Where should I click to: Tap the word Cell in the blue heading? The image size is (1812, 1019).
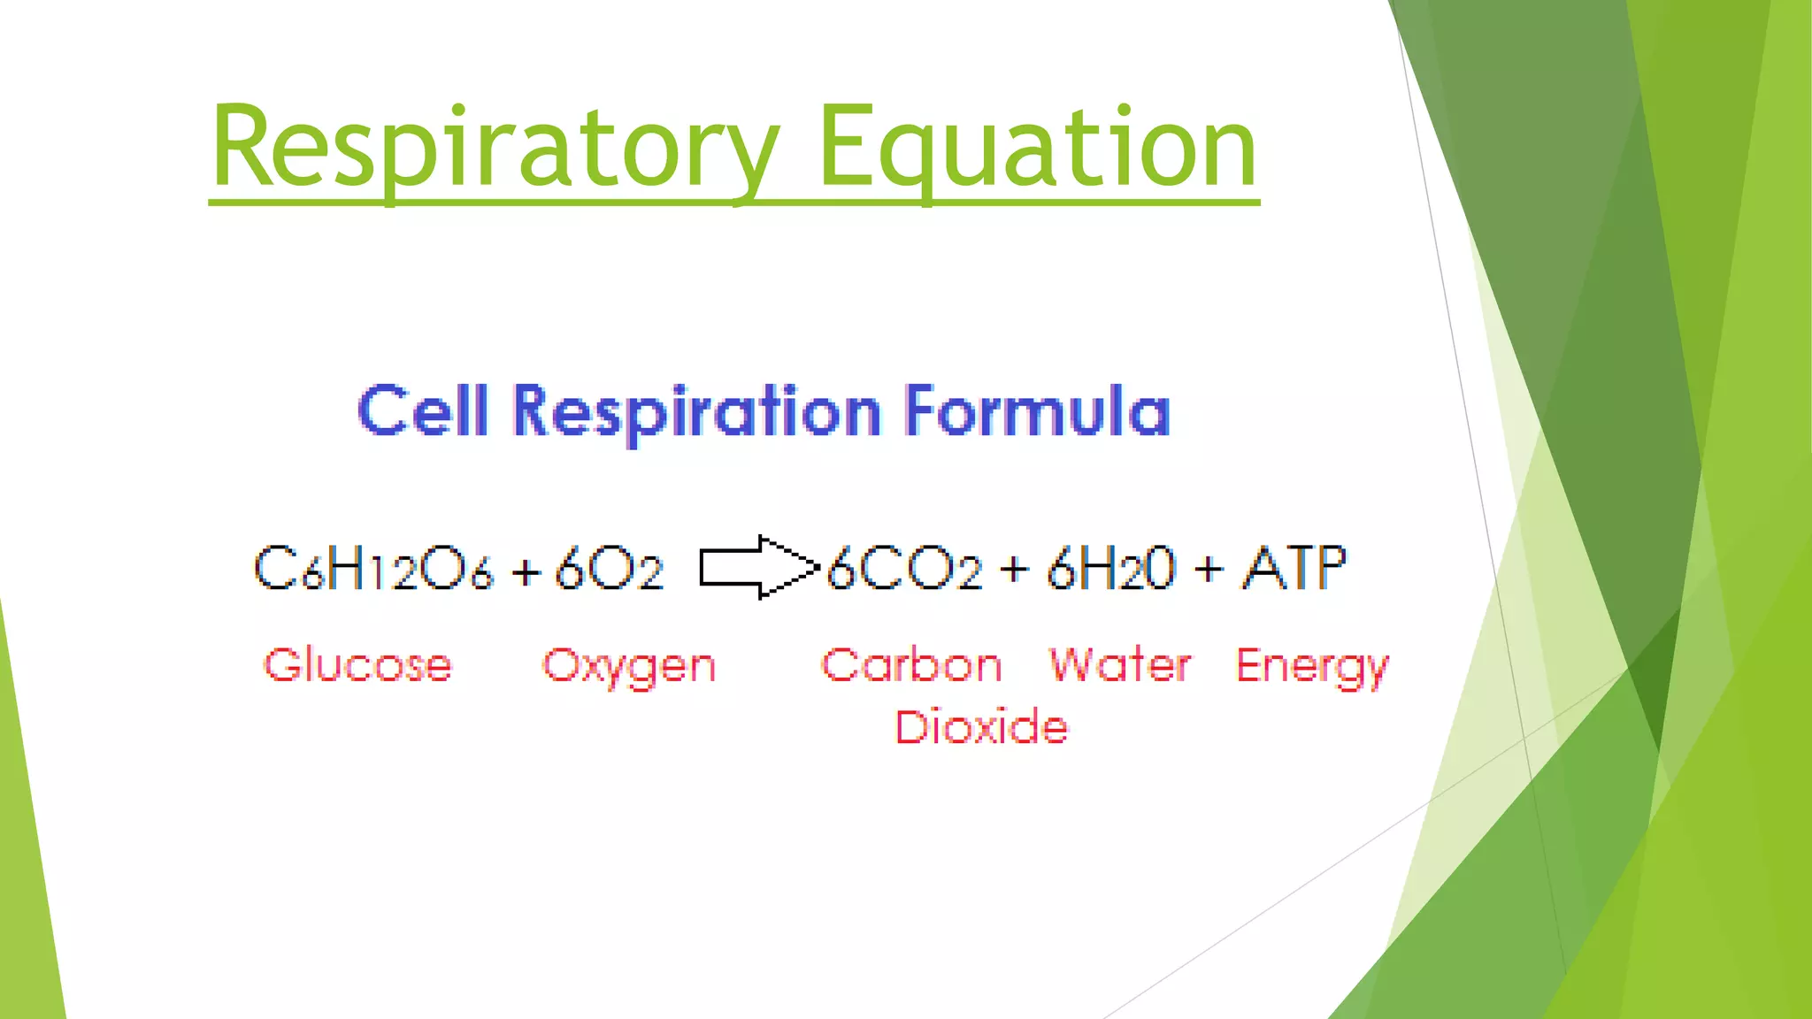423,411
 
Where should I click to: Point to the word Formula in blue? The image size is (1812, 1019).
1036,411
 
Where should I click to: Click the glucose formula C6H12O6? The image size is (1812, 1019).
372,568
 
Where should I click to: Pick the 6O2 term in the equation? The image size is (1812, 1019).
609,569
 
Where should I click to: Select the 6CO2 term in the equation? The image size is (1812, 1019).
904,569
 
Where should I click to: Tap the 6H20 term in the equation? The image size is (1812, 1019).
1111,569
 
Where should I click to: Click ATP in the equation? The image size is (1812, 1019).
1294,567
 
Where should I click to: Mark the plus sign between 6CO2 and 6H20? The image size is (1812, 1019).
1014,571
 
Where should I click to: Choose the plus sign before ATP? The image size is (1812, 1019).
1208,571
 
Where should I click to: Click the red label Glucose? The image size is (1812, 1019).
357,665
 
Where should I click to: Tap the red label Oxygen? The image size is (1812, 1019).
628,667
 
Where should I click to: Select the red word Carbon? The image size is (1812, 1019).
911,665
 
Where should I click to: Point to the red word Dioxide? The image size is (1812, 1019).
981,727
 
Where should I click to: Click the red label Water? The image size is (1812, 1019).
1119,665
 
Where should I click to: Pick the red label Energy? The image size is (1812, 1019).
1311,667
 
